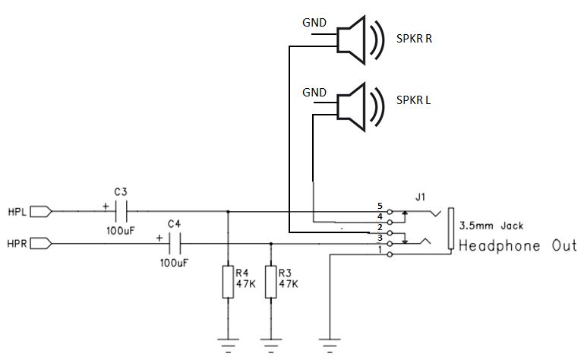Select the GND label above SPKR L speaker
click(314, 92)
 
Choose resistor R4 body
click(229, 281)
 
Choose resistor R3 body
click(270, 281)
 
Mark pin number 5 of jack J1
click(380, 206)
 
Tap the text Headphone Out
click(518, 246)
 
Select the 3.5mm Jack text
click(491, 226)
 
